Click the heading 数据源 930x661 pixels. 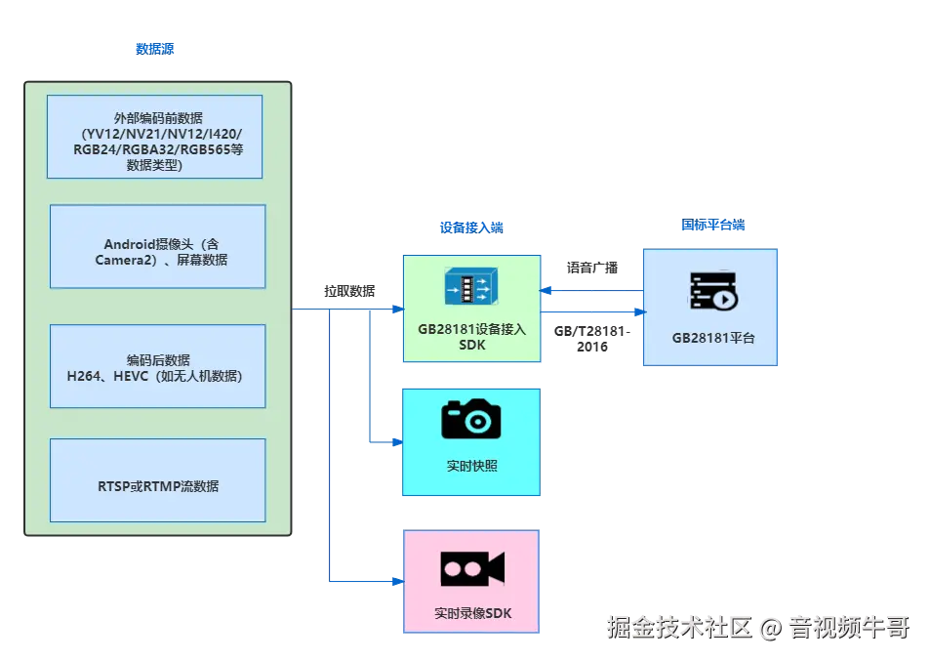click(x=155, y=49)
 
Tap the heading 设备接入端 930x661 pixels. click(x=471, y=227)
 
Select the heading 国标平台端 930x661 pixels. click(x=713, y=225)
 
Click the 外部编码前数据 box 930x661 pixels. click(x=155, y=137)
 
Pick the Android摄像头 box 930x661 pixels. click(x=158, y=247)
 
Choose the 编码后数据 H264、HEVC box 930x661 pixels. click(x=158, y=366)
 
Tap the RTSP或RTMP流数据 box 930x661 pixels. click(x=158, y=480)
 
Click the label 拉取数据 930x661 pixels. click(x=349, y=291)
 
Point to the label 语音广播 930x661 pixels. click(x=592, y=268)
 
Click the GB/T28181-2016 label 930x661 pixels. click(x=592, y=339)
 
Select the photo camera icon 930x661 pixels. click(x=471, y=418)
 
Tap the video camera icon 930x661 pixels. click(x=472, y=568)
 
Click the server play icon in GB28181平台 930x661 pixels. click(x=713, y=290)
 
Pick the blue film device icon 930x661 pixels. click(x=471, y=286)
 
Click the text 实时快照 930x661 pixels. click(x=472, y=466)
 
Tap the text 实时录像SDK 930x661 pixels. click(x=472, y=613)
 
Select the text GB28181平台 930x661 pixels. click(x=713, y=338)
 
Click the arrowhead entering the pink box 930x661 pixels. click(x=398, y=582)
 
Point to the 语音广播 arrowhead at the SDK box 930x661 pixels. click(x=546, y=290)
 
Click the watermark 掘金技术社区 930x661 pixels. click(x=679, y=627)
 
